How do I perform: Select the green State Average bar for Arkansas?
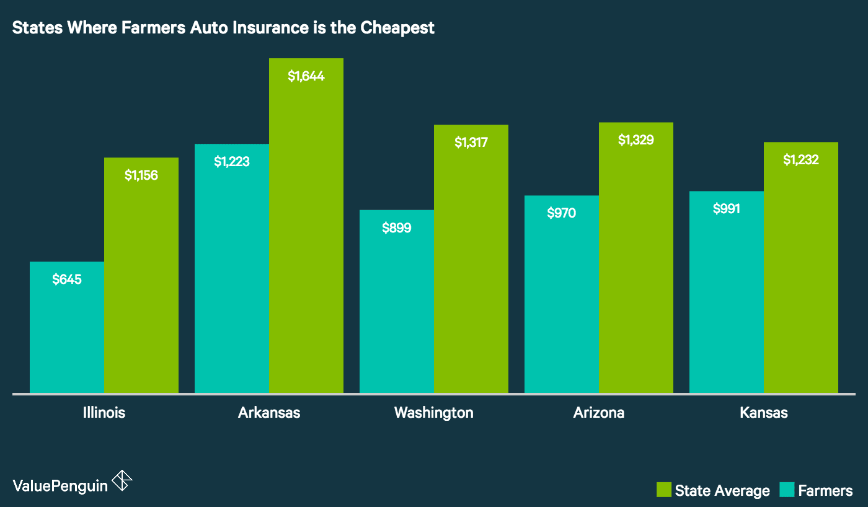point(306,236)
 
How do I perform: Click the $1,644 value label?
point(306,76)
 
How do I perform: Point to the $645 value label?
point(67,280)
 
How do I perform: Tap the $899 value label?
point(397,227)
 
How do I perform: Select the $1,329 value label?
point(636,140)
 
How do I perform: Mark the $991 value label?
point(727,209)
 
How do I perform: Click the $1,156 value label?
point(141,175)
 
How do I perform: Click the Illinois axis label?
point(104,413)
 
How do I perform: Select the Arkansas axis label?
point(269,413)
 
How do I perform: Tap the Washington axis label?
point(434,413)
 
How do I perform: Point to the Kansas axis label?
point(764,413)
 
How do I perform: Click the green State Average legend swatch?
point(664,490)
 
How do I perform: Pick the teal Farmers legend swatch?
point(787,490)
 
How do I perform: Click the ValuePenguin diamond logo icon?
point(122,481)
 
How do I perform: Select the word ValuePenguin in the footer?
point(60,485)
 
